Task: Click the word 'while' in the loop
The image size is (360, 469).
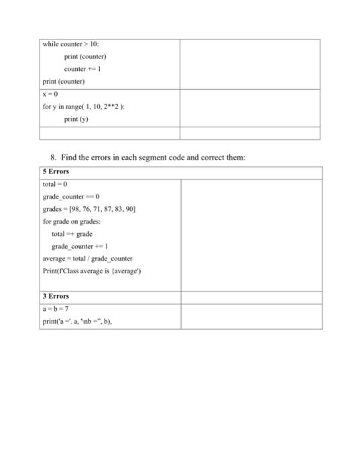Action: (50, 44)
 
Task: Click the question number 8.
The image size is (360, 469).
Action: (53, 157)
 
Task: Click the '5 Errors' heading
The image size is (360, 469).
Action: (56, 171)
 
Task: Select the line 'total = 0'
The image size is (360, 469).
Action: (54, 183)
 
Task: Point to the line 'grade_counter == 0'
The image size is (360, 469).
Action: (71, 196)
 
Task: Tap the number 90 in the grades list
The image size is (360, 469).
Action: (133, 208)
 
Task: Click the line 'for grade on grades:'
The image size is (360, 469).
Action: (72, 220)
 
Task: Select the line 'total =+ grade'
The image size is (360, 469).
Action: (72, 233)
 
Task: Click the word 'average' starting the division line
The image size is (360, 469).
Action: (54, 258)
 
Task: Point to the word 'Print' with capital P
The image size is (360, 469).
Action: (50, 270)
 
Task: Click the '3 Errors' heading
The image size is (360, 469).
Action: (56, 295)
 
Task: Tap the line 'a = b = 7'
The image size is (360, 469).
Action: (56, 308)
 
